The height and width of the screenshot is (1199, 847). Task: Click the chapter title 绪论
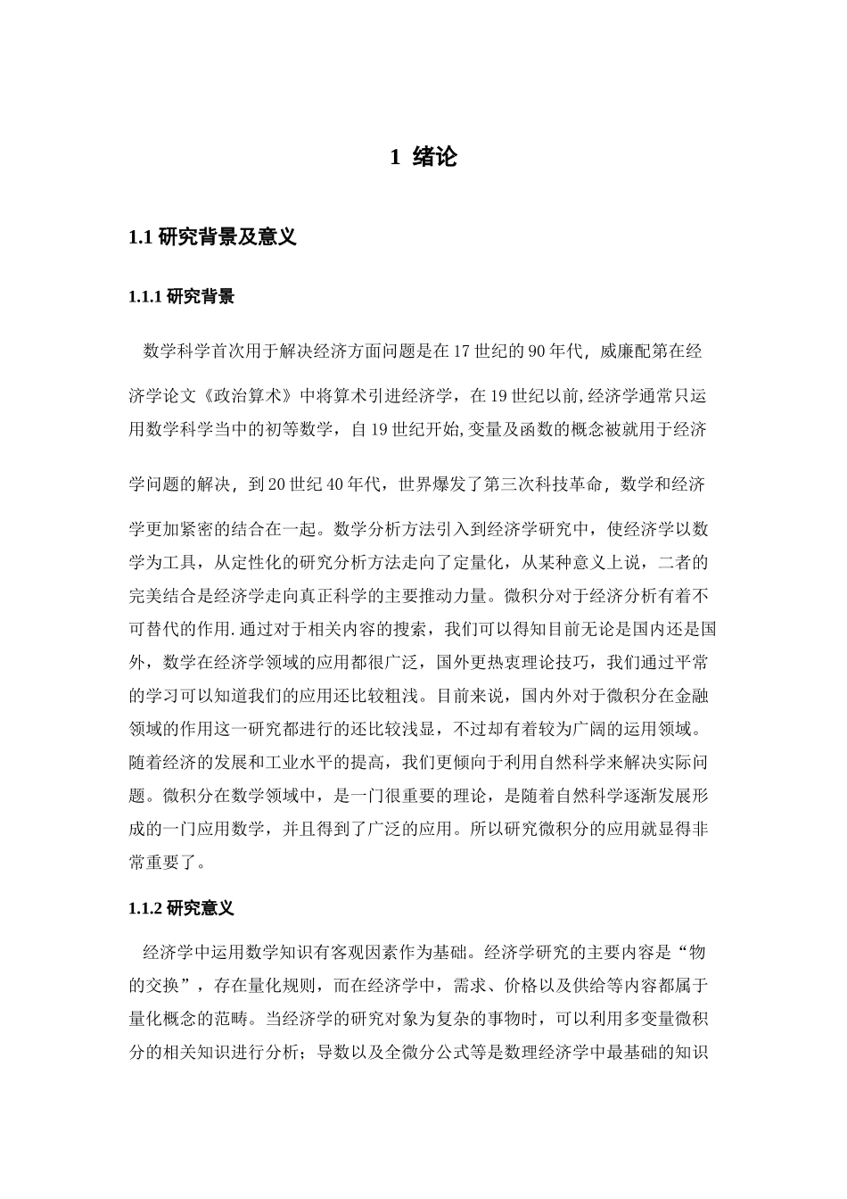[435, 158]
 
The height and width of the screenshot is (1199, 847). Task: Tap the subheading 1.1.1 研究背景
[182, 297]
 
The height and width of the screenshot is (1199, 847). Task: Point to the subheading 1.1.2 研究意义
[182, 908]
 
